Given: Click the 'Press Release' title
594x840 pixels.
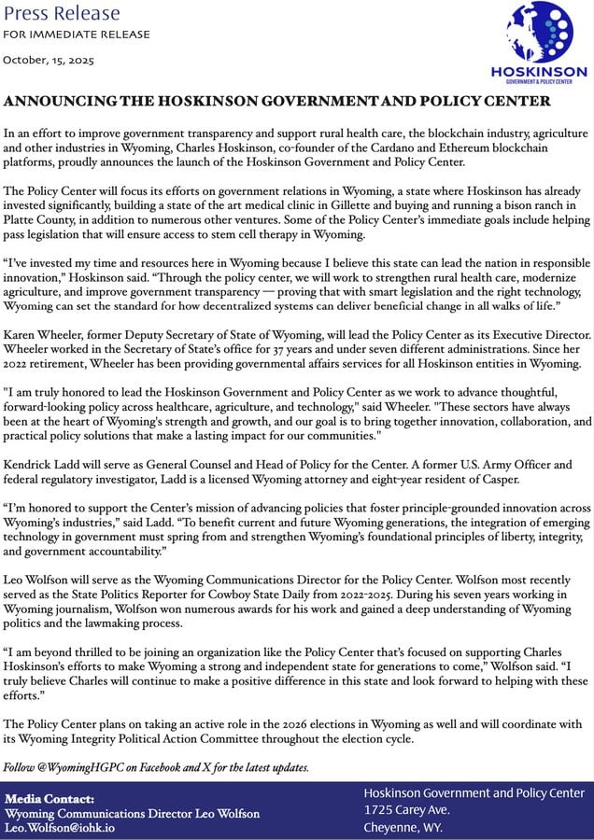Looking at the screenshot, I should coord(63,13).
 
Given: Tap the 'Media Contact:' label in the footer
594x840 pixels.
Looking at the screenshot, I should coord(49,799).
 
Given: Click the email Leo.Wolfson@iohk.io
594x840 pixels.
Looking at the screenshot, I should coord(60,827).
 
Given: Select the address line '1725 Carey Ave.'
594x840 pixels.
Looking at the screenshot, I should coord(407,810).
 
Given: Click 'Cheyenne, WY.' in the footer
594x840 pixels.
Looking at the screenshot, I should coord(404,827).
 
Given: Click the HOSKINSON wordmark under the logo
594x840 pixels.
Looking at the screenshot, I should coord(539,73).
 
